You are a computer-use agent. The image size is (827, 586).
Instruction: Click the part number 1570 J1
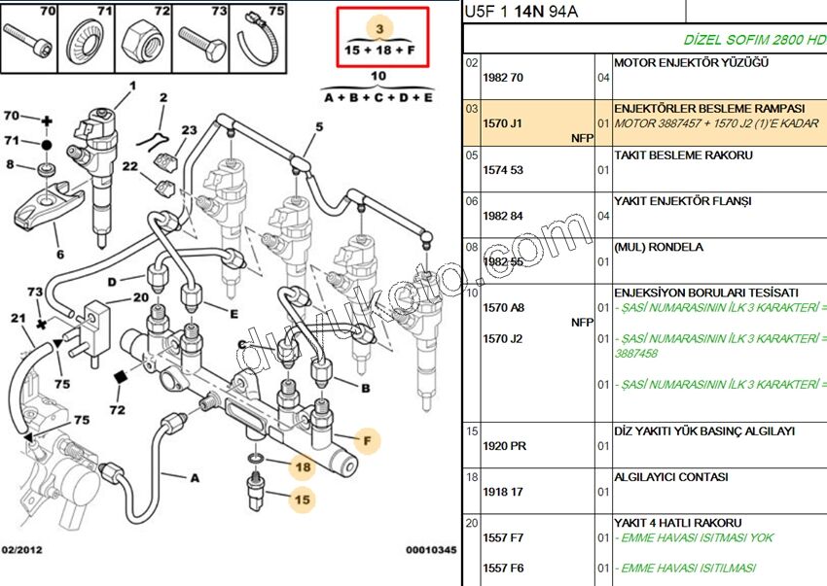pyautogui.click(x=502, y=123)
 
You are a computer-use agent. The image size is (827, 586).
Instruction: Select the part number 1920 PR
pyautogui.click(x=504, y=446)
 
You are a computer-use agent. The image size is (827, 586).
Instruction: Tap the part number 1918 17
pyautogui.click(x=503, y=493)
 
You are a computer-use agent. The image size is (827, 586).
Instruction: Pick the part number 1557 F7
pyautogui.click(x=503, y=537)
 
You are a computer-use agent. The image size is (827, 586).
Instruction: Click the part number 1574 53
pyautogui.click(x=503, y=170)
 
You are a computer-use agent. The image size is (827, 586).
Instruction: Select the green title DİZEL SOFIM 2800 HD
pyautogui.click(x=755, y=40)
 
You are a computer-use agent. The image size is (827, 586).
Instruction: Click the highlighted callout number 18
pyautogui.click(x=304, y=467)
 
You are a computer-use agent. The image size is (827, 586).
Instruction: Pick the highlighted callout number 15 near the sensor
pyautogui.click(x=304, y=500)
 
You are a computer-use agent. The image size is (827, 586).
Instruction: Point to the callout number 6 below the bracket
pyautogui.click(x=59, y=255)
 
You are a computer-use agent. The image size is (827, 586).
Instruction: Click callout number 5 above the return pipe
pyautogui.click(x=318, y=126)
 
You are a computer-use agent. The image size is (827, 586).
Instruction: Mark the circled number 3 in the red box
pyautogui.click(x=380, y=28)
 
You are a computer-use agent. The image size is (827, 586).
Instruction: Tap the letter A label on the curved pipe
pyautogui.click(x=194, y=477)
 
